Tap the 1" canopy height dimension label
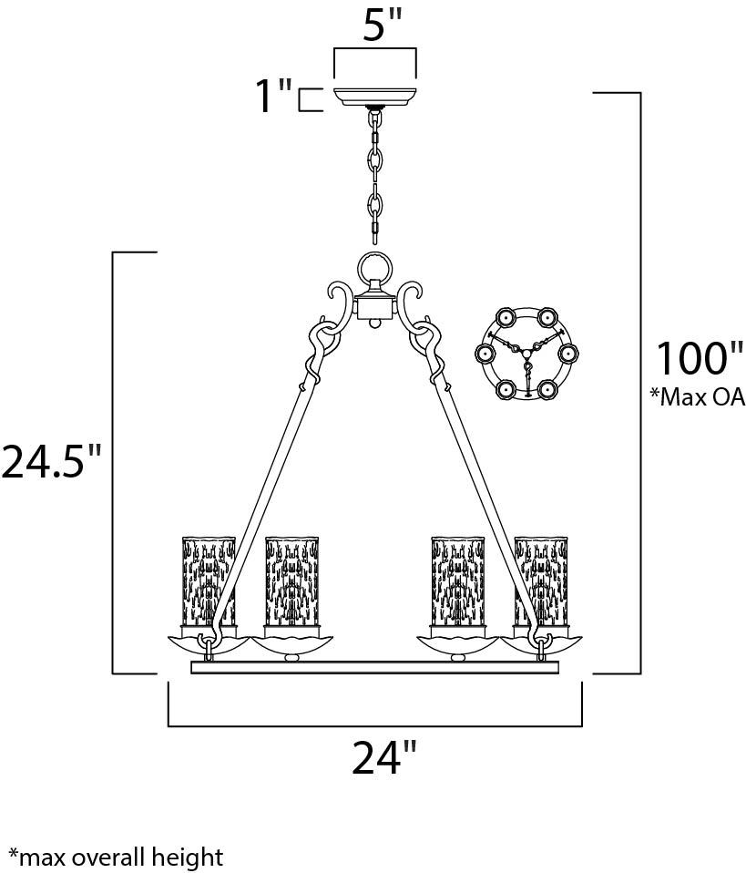point(272,96)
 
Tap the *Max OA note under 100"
point(697,396)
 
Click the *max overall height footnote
point(116,858)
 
